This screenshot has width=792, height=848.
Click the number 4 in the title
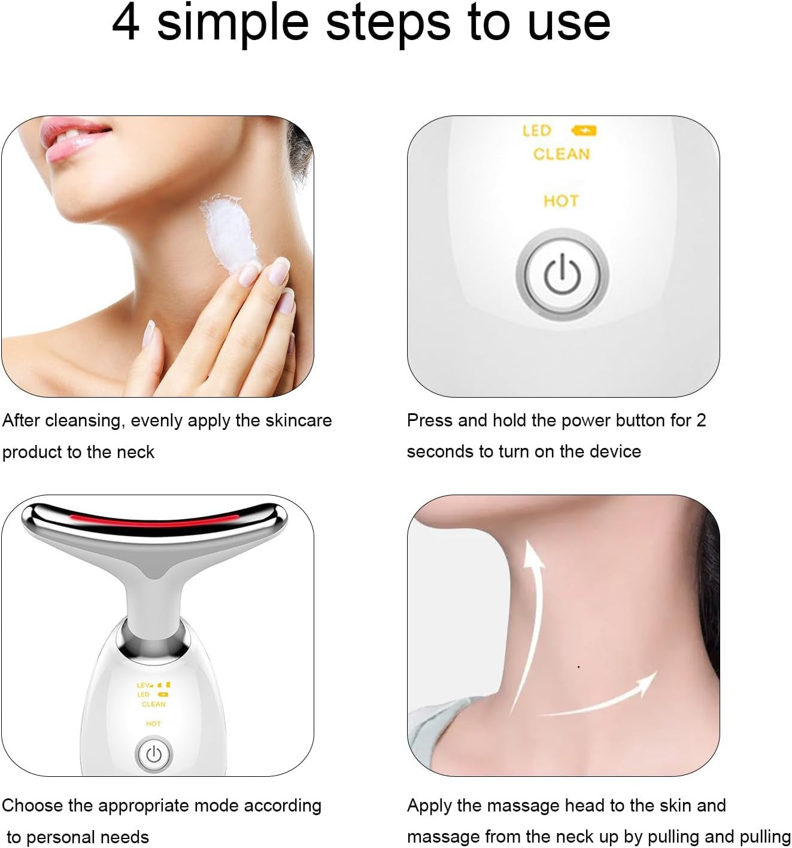(126, 23)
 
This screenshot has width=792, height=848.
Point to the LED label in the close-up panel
(536, 130)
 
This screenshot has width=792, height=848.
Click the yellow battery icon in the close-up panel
(584, 130)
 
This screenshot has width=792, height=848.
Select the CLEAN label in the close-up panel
(561, 154)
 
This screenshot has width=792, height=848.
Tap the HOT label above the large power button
(561, 201)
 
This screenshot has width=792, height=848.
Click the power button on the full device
(154, 754)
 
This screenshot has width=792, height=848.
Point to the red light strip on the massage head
(154, 520)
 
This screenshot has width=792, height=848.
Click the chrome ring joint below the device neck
(154, 639)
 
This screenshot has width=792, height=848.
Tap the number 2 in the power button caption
(700, 420)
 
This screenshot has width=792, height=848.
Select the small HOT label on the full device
(153, 724)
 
